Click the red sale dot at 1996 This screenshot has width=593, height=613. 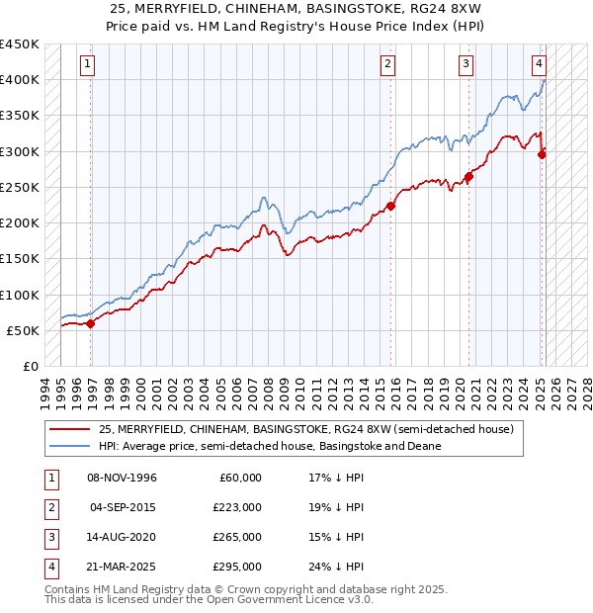click(x=90, y=322)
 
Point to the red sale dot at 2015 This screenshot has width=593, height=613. click(x=390, y=206)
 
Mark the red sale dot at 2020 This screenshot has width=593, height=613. click(x=468, y=176)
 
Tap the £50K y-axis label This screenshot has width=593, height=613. click(x=24, y=330)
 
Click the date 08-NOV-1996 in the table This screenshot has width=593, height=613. click(x=123, y=478)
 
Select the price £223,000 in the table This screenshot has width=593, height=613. click(x=237, y=507)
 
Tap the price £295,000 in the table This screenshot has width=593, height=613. click(x=237, y=567)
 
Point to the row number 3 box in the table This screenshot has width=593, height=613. click(x=49, y=537)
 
